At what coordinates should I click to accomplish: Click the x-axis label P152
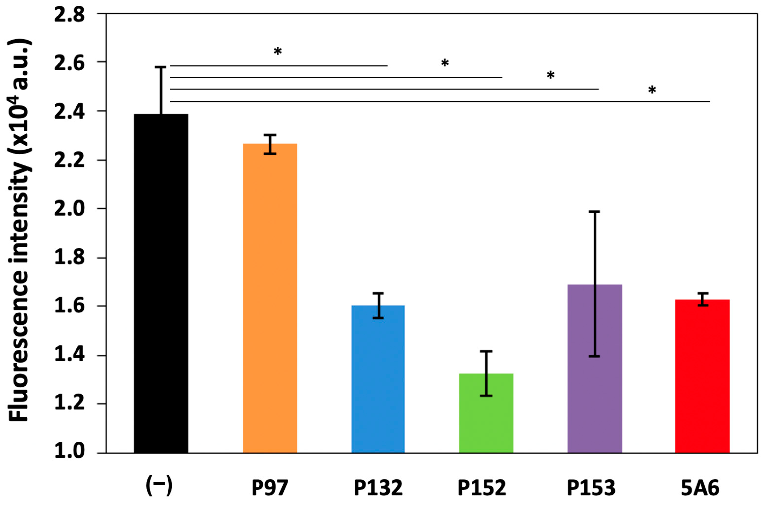(482, 488)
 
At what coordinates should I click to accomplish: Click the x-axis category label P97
(269, 488)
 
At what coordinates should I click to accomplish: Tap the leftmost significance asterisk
(277, 51)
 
